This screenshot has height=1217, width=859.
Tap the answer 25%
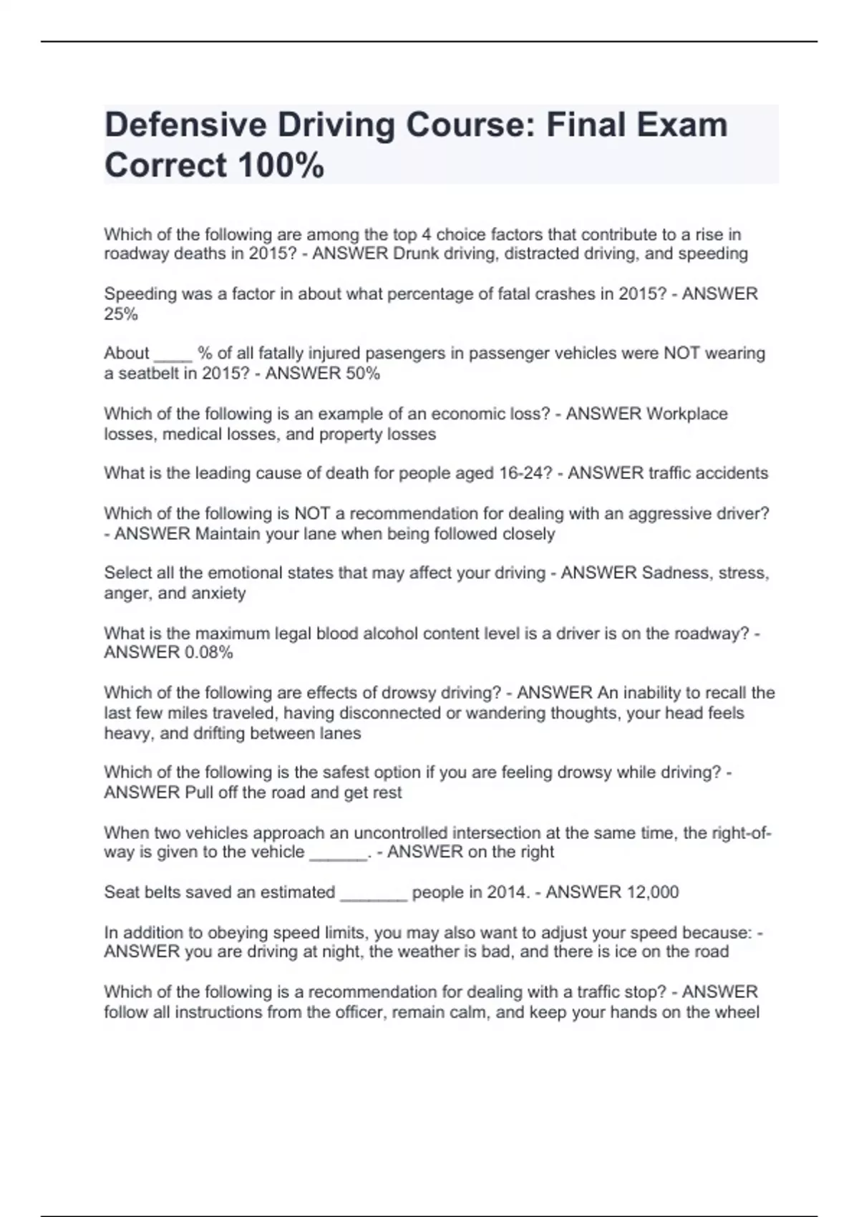point(121,314)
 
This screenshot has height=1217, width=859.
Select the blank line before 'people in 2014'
point(374,893)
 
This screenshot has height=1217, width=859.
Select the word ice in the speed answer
point(631,951)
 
